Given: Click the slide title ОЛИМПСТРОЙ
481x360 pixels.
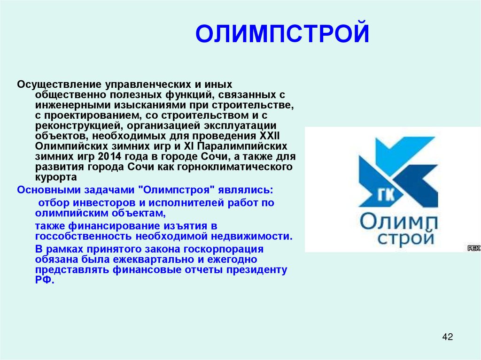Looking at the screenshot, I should tap(282, 34).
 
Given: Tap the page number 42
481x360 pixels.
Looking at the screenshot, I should tap(447, 337).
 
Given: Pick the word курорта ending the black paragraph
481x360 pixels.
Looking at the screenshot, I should tap(55, 177).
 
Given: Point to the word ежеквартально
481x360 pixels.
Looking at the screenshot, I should tap(156, 259).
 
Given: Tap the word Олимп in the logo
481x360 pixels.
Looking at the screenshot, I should tap(398, 221).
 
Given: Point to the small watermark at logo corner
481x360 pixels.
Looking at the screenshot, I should tap(473, 248).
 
